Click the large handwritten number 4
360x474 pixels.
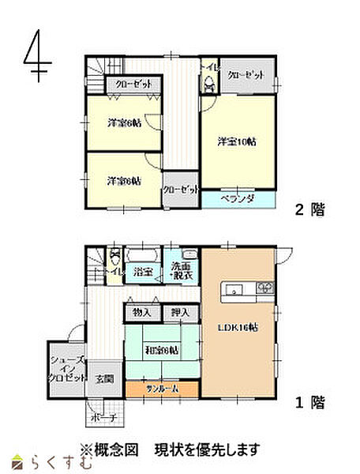(36, 55)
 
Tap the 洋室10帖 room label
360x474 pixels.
(237, 142)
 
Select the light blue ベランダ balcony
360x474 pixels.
(238, 198)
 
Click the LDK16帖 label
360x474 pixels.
(239, 329)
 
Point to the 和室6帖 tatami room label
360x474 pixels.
(160, 350)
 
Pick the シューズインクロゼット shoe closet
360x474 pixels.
(67, 368)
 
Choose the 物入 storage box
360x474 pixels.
(142, 313)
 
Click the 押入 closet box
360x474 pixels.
(180, 313)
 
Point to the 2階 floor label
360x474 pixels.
(309, 210)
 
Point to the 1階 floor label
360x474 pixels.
(309, 403)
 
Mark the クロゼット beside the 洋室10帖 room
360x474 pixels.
(246, 75)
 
